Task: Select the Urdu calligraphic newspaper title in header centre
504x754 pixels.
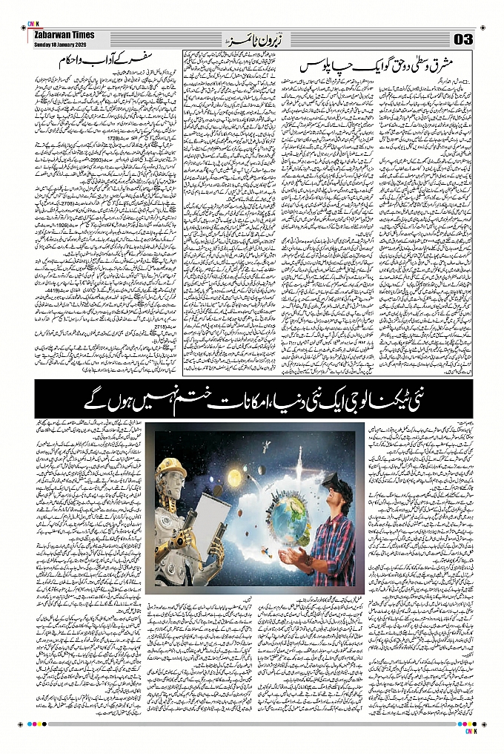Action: coord(250,38)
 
